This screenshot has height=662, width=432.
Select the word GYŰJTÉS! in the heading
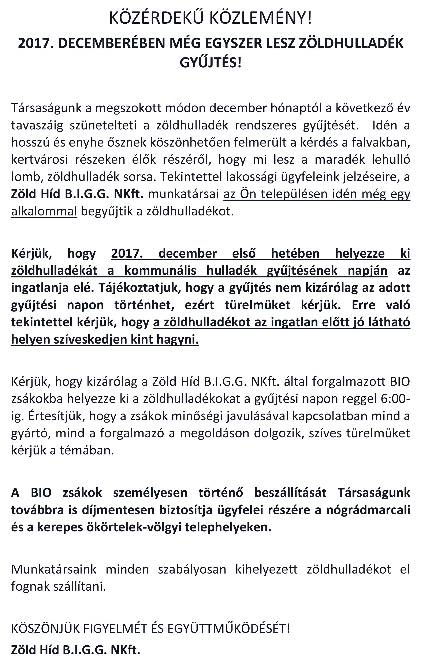tap(211, 63)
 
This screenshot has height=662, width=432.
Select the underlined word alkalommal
tap(44, 211)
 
